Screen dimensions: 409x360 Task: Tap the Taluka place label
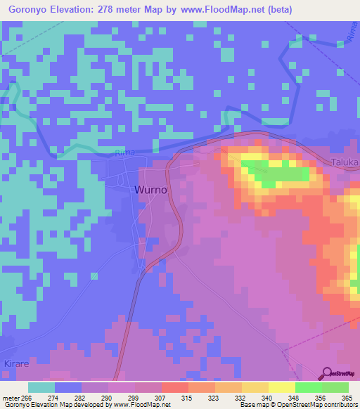point(345,162)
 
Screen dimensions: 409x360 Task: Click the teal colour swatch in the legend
point(41,387)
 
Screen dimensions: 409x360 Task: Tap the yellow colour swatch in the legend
point(281,387)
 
